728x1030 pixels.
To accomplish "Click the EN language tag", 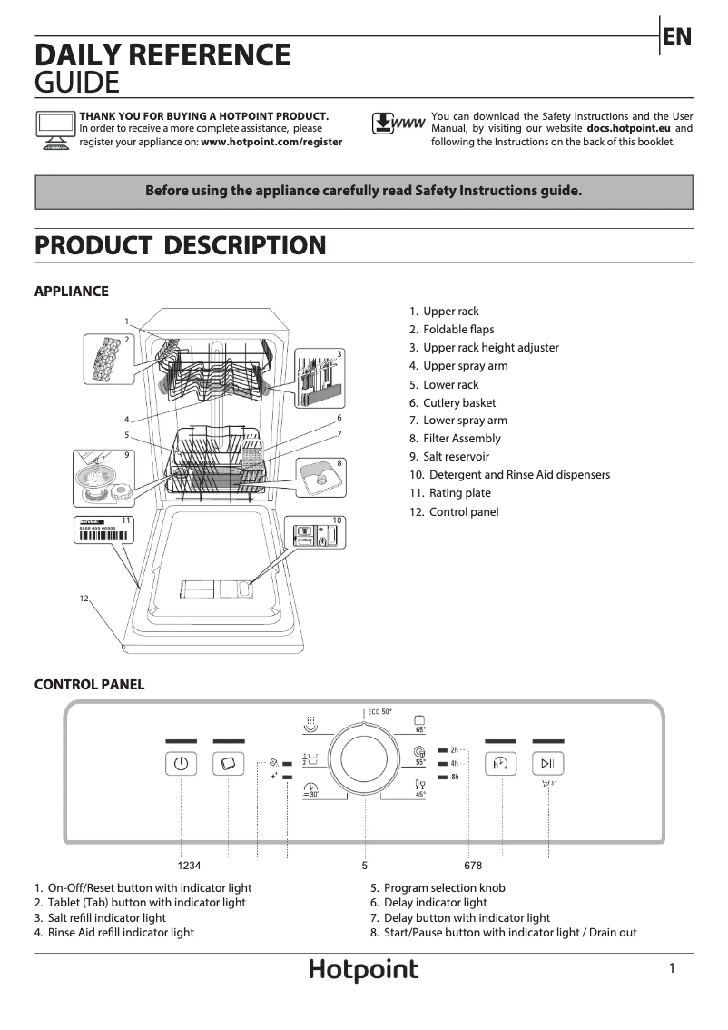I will (x=677, y=37).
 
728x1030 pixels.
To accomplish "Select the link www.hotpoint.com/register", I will (x=271, y=142).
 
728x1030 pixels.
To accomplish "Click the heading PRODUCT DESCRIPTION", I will (x=180, y=246).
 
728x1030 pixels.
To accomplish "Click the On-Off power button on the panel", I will (x=181, y=764).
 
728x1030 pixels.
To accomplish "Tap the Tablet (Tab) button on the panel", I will (x=228, y=764).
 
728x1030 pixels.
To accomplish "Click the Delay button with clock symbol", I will (x=500, y=764).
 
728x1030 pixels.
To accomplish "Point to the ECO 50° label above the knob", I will (x=379, y=712).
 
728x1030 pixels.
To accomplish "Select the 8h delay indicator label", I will (x=454, y=777).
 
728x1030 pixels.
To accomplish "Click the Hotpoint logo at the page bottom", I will (x=364, y=971).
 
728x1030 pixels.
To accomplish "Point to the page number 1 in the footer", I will (x=672, y=969).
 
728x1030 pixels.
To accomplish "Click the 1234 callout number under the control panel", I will (x=189, y=866).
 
